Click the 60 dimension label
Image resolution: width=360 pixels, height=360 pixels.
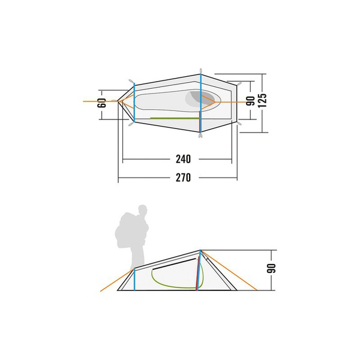point(102,103)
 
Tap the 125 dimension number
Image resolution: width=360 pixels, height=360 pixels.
point(262,100)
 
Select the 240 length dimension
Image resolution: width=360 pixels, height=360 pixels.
point(183,159)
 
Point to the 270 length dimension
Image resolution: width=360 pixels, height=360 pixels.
point(183,178)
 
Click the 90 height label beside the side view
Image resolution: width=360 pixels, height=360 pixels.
point(271,268)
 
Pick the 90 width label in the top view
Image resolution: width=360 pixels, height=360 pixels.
point(250,101)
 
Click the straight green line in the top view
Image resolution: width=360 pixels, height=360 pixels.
point(175,118)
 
